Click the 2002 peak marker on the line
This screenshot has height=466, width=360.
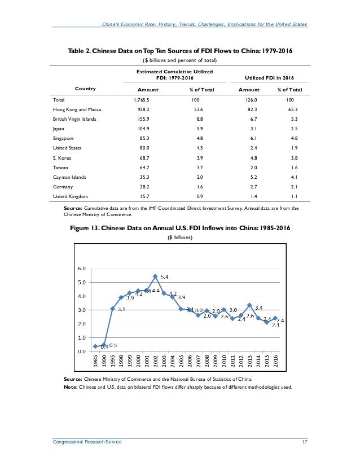click(155, 276)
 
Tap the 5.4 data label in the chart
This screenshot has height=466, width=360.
click(165, 276)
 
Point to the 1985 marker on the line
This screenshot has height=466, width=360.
click(95, 346)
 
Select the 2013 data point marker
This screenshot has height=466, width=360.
click(249, 305)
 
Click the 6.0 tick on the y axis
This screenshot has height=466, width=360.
click(82, 269)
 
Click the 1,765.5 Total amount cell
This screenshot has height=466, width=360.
click(138, 99)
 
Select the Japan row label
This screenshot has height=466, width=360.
click(56, 129)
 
